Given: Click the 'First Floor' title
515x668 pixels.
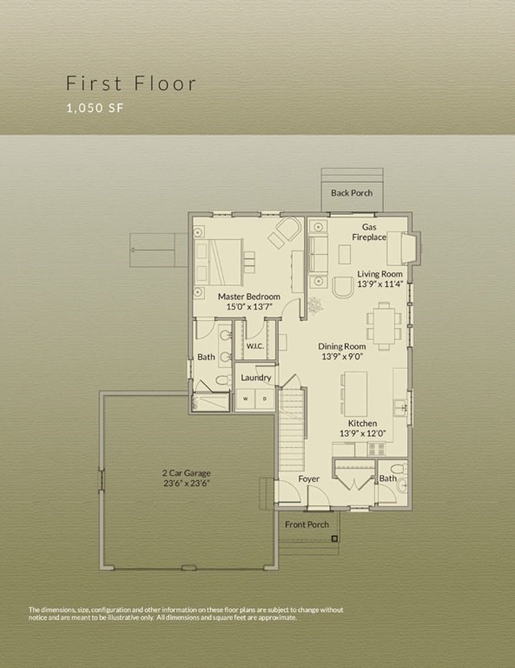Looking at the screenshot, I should coord(131,84).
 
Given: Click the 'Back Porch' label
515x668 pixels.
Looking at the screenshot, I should coord(351,192).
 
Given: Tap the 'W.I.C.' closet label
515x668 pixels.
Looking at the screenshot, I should coord(254,346).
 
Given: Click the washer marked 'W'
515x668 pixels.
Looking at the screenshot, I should coord(244,399).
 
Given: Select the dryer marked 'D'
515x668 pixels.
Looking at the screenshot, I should coord(265,399).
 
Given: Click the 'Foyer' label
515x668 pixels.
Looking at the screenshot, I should coord(308,479).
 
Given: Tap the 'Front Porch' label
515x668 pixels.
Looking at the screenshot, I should coord(307,524).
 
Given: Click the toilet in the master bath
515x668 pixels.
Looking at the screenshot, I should coord(221,381).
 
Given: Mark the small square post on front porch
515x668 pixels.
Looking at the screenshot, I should coord(333,540).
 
